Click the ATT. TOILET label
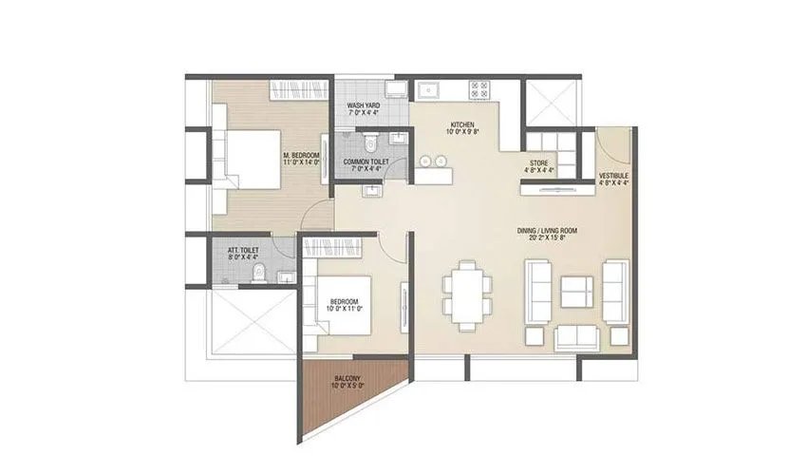click(x=243, y=253)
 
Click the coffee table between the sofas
click(x=575, y=288)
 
